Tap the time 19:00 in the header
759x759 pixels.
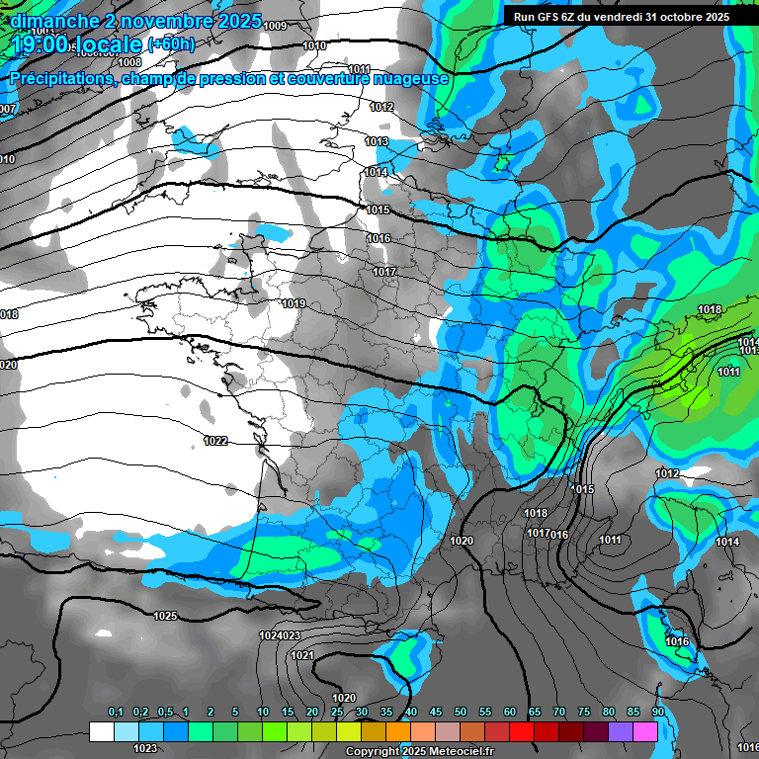tap(41, 44)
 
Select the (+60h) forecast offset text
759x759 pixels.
tap(171, 44)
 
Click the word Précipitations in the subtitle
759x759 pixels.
tap(59, 78)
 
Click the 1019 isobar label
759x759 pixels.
tap(293, 304)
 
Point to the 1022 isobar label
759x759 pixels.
tap(216, 441)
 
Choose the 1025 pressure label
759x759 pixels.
tap(166, 616)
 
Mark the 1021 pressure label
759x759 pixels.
tap(302, 655)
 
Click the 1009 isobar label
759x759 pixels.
tap(276, 26)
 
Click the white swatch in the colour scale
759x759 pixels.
tap(101, 731)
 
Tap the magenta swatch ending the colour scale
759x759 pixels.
tap(645, 731)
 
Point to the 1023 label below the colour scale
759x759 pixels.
tap(145, 748)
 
